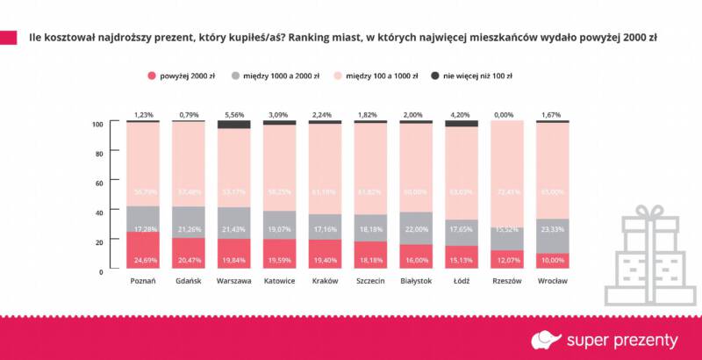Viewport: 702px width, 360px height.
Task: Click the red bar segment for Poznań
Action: (142, 250)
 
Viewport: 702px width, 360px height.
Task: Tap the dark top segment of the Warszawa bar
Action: (233, 125)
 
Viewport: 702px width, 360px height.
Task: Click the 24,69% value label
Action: (142, 261)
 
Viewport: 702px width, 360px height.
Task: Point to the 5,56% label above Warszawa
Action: (233, 114)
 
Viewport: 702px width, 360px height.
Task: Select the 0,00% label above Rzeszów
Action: (507, 114)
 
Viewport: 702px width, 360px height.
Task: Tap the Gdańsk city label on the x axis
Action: (188, 281)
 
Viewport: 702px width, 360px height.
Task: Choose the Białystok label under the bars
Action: (416, 281)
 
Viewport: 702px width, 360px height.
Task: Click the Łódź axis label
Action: (462, 281)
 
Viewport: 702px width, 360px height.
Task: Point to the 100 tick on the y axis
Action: (98, 125)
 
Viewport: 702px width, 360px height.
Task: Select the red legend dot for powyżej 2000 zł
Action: (152, 76)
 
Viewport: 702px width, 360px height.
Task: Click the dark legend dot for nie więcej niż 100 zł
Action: (435, 76)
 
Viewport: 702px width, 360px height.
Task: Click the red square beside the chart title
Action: (9, 38)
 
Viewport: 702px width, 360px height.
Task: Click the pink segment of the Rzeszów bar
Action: (507, 176)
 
